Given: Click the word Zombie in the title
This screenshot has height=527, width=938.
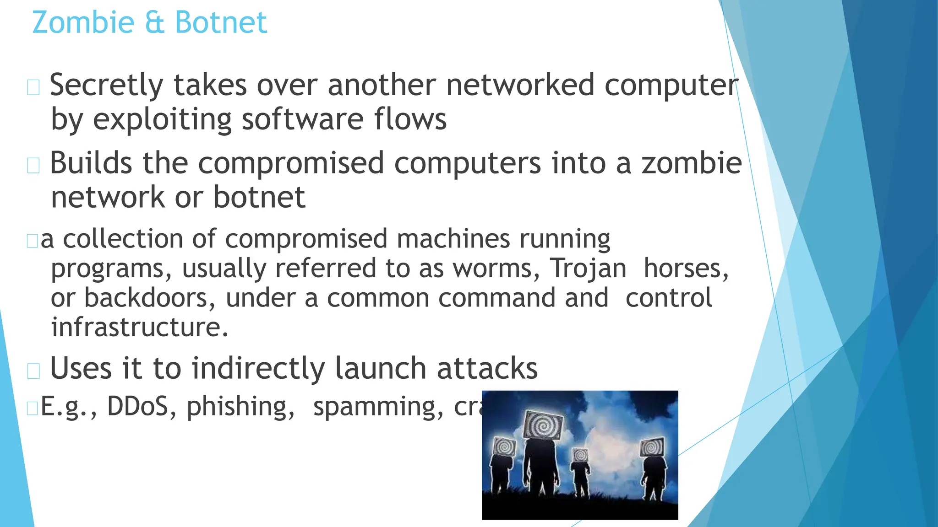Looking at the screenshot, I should click(x=83, y=22).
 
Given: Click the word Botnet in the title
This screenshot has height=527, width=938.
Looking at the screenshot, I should click(x=221, y=22).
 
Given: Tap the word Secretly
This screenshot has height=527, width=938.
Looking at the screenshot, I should click(x=106, y=86).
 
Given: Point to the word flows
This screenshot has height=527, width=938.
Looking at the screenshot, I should click(x=410, y=119).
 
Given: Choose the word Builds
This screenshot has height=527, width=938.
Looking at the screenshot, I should click(x=91, y=163).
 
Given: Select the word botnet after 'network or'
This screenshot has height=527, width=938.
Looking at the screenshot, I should click(x=259, y=198).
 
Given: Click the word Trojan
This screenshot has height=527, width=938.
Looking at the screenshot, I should click(x=588, y=269).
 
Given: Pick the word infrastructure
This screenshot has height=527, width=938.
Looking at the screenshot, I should click(x=139, y=328).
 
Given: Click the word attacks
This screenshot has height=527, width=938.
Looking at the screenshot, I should click(x=487, y=369).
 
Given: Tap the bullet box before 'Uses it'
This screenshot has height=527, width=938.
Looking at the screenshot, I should click(x=33, y=371).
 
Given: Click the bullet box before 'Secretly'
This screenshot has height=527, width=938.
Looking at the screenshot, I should click(x=33, y=87).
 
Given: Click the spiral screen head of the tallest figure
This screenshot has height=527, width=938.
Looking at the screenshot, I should click(x=544, y=425).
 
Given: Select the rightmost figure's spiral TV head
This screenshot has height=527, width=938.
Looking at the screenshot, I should click(x=652, y=447).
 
